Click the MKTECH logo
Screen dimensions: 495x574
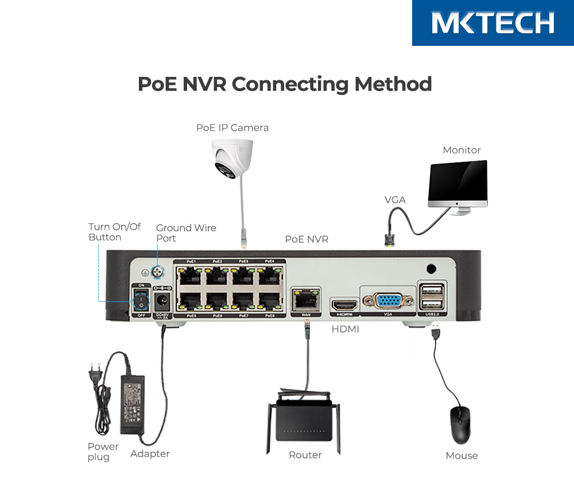point(492,23)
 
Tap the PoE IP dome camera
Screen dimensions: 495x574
point(232,158)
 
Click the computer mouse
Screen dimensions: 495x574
point(460,424)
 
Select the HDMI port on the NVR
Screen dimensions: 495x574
point(344,305)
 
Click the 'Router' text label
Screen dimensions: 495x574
point(305,455)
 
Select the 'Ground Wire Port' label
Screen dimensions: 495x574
point(185,233)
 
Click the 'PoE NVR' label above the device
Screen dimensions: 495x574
point(307,239)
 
